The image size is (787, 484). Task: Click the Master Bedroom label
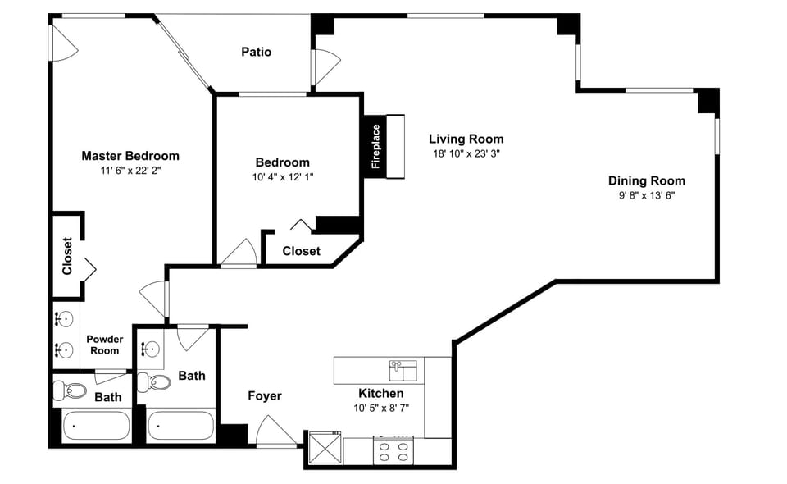[x=130, y=156]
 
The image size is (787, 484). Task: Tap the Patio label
[x=256, y=52]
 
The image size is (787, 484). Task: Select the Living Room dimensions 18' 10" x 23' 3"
[x=466, y=153]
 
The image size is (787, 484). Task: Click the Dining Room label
[x=646, y=180]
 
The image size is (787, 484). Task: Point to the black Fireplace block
[x=375, y=146]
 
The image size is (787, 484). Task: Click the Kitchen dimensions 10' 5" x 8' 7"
[x=380, y=408]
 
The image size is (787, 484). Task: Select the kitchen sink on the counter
[x=403, y=369]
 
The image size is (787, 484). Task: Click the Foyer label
[x=265, y=396]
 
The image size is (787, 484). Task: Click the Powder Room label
[x=104, y=345]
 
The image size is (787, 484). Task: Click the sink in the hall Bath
[x=149, y=349]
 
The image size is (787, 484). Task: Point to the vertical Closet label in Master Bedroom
[x=67, y=256]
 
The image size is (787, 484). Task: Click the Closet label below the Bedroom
[x=301, y=251]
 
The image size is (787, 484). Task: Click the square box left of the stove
[x=324, y=449]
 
